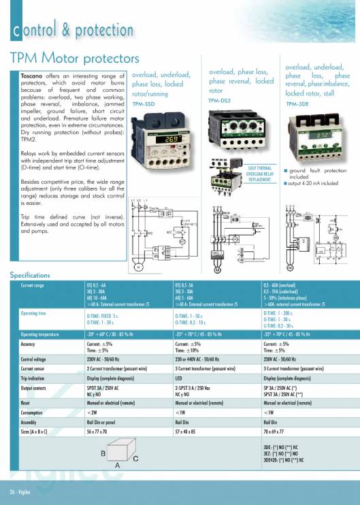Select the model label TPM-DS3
click(220, 99)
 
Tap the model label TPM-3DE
click(297, 103)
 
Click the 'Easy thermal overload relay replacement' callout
click(260, 172)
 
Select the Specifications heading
click(30, 275)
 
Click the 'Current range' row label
click(33, 285)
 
